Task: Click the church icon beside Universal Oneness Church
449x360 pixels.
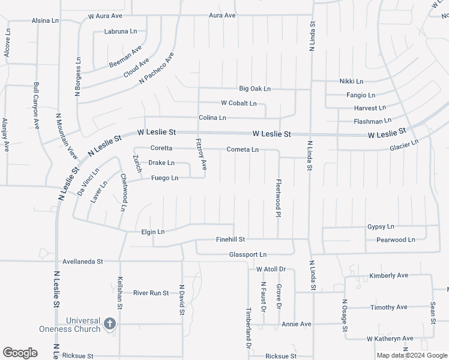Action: point(109,324)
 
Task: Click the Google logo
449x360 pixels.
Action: point(20,353)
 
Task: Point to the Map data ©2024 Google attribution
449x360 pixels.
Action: point(412,355)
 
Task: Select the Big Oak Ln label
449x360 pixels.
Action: point(255,89)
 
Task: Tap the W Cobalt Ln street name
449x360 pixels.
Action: point(239,103)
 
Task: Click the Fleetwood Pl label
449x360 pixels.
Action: point(279,198)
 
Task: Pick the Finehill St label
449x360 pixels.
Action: point(231,239)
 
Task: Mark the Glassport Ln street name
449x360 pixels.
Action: point(247,254)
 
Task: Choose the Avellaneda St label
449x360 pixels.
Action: point(83,262)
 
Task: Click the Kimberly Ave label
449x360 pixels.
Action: point(388,275)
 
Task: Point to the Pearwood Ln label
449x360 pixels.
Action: point(396,239)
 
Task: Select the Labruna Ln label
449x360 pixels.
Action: point(121,31)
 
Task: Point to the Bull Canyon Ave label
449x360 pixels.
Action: point(37,106)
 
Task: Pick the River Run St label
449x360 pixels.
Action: point(151,293)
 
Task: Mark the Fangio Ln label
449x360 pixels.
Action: point(361,95)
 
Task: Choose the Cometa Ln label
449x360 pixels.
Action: point(243,149)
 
